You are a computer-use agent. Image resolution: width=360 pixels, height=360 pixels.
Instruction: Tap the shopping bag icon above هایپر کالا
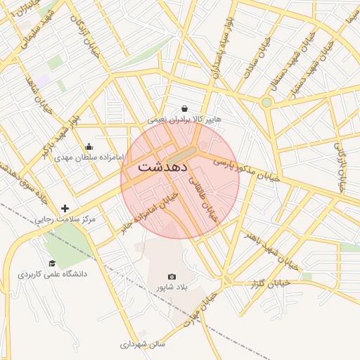pyautogui.click(x=184, y=109)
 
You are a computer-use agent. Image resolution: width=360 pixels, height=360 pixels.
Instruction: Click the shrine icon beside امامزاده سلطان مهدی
pyautogui.click(x=89, y=147)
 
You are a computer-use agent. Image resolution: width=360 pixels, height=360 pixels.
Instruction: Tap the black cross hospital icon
pyautogui.click(x=65, y=208)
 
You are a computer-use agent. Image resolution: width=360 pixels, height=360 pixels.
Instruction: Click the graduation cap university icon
pyautogui.click(x=52, y=263)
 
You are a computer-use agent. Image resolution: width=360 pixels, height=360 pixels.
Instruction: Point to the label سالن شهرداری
pyautogui.click(x=142, y=345)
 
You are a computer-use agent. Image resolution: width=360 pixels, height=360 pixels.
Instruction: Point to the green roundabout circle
pyautogui.click(x=266, y=103)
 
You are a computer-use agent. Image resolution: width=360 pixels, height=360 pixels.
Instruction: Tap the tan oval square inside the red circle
pyautogui.click(x=184, y=153)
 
